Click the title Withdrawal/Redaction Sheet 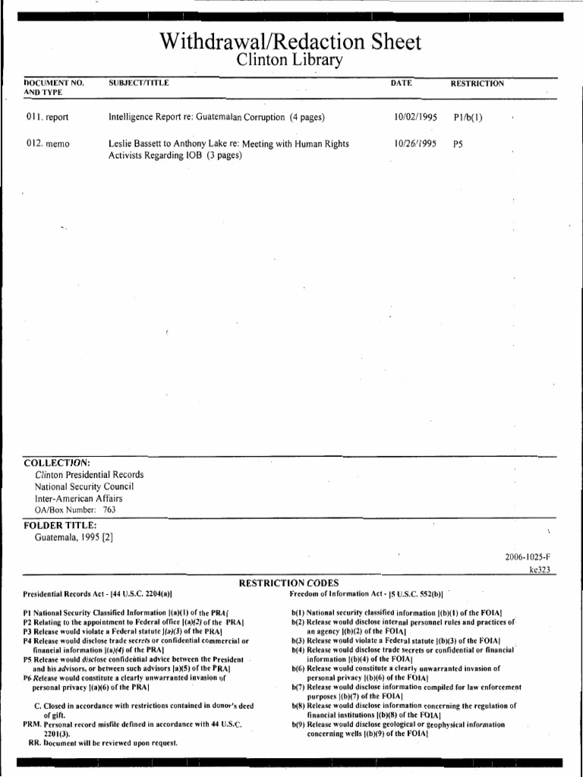pos(291,42)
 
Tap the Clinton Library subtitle pos(291,61)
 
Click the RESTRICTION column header pos(477,83)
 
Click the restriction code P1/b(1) pos(468,118)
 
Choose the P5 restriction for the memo pos(458,143)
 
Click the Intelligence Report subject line pos(216,118)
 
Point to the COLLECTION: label pos(57,462)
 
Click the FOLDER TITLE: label pos(60,525)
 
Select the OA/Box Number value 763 pos(109,510)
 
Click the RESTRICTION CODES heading pos(289,582)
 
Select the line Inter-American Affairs pos(78,499)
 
